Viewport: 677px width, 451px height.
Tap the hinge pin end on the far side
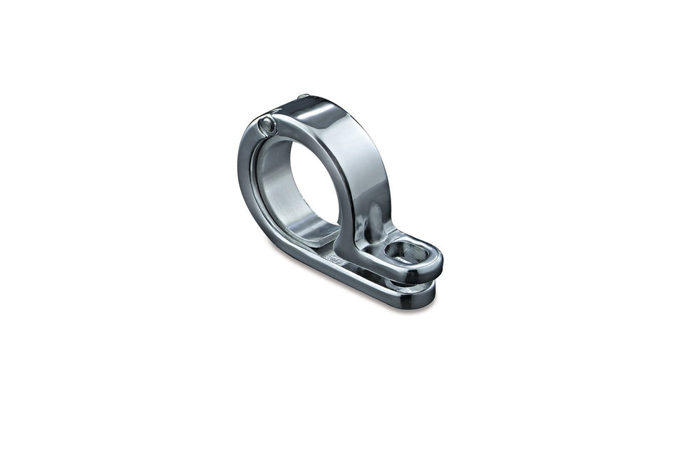click(x=304, y=96)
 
